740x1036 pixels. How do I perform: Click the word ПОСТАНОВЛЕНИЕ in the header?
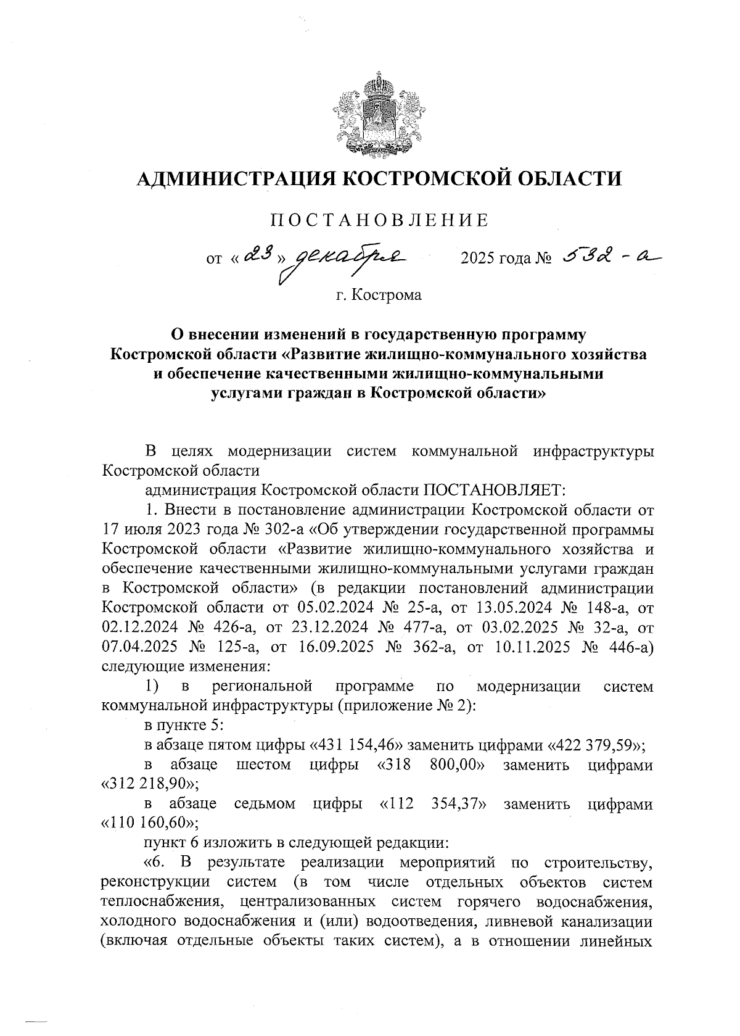380,221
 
